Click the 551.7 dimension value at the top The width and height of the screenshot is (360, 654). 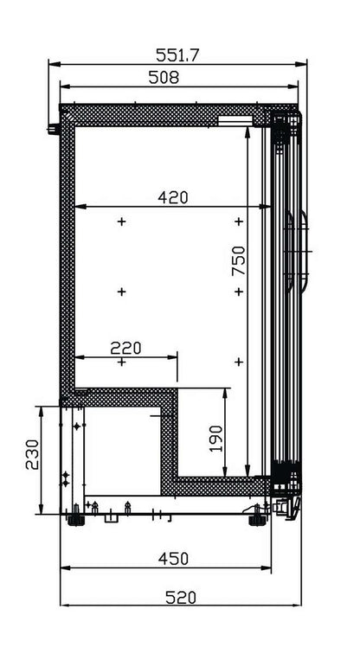pyautogui.click(x=177, y=55)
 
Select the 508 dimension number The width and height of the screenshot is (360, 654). pyautogui.click(x=164, y=77)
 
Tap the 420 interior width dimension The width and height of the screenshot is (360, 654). pyautogui.click(x=173, y=197)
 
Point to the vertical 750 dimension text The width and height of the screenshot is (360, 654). pyautogui.click(x=239, y=260)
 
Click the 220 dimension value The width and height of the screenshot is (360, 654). pyautogui.click(x=126, y=348)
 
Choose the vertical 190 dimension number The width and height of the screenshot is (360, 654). pyautogui.click(x=215, y=439)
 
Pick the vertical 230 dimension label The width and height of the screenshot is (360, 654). pyautogui.click(x=32, y=455)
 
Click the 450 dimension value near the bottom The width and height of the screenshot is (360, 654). pyautogui.click(x=173, y=559)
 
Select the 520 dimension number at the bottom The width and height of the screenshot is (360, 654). pyautogui.click(x=181, y=597)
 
